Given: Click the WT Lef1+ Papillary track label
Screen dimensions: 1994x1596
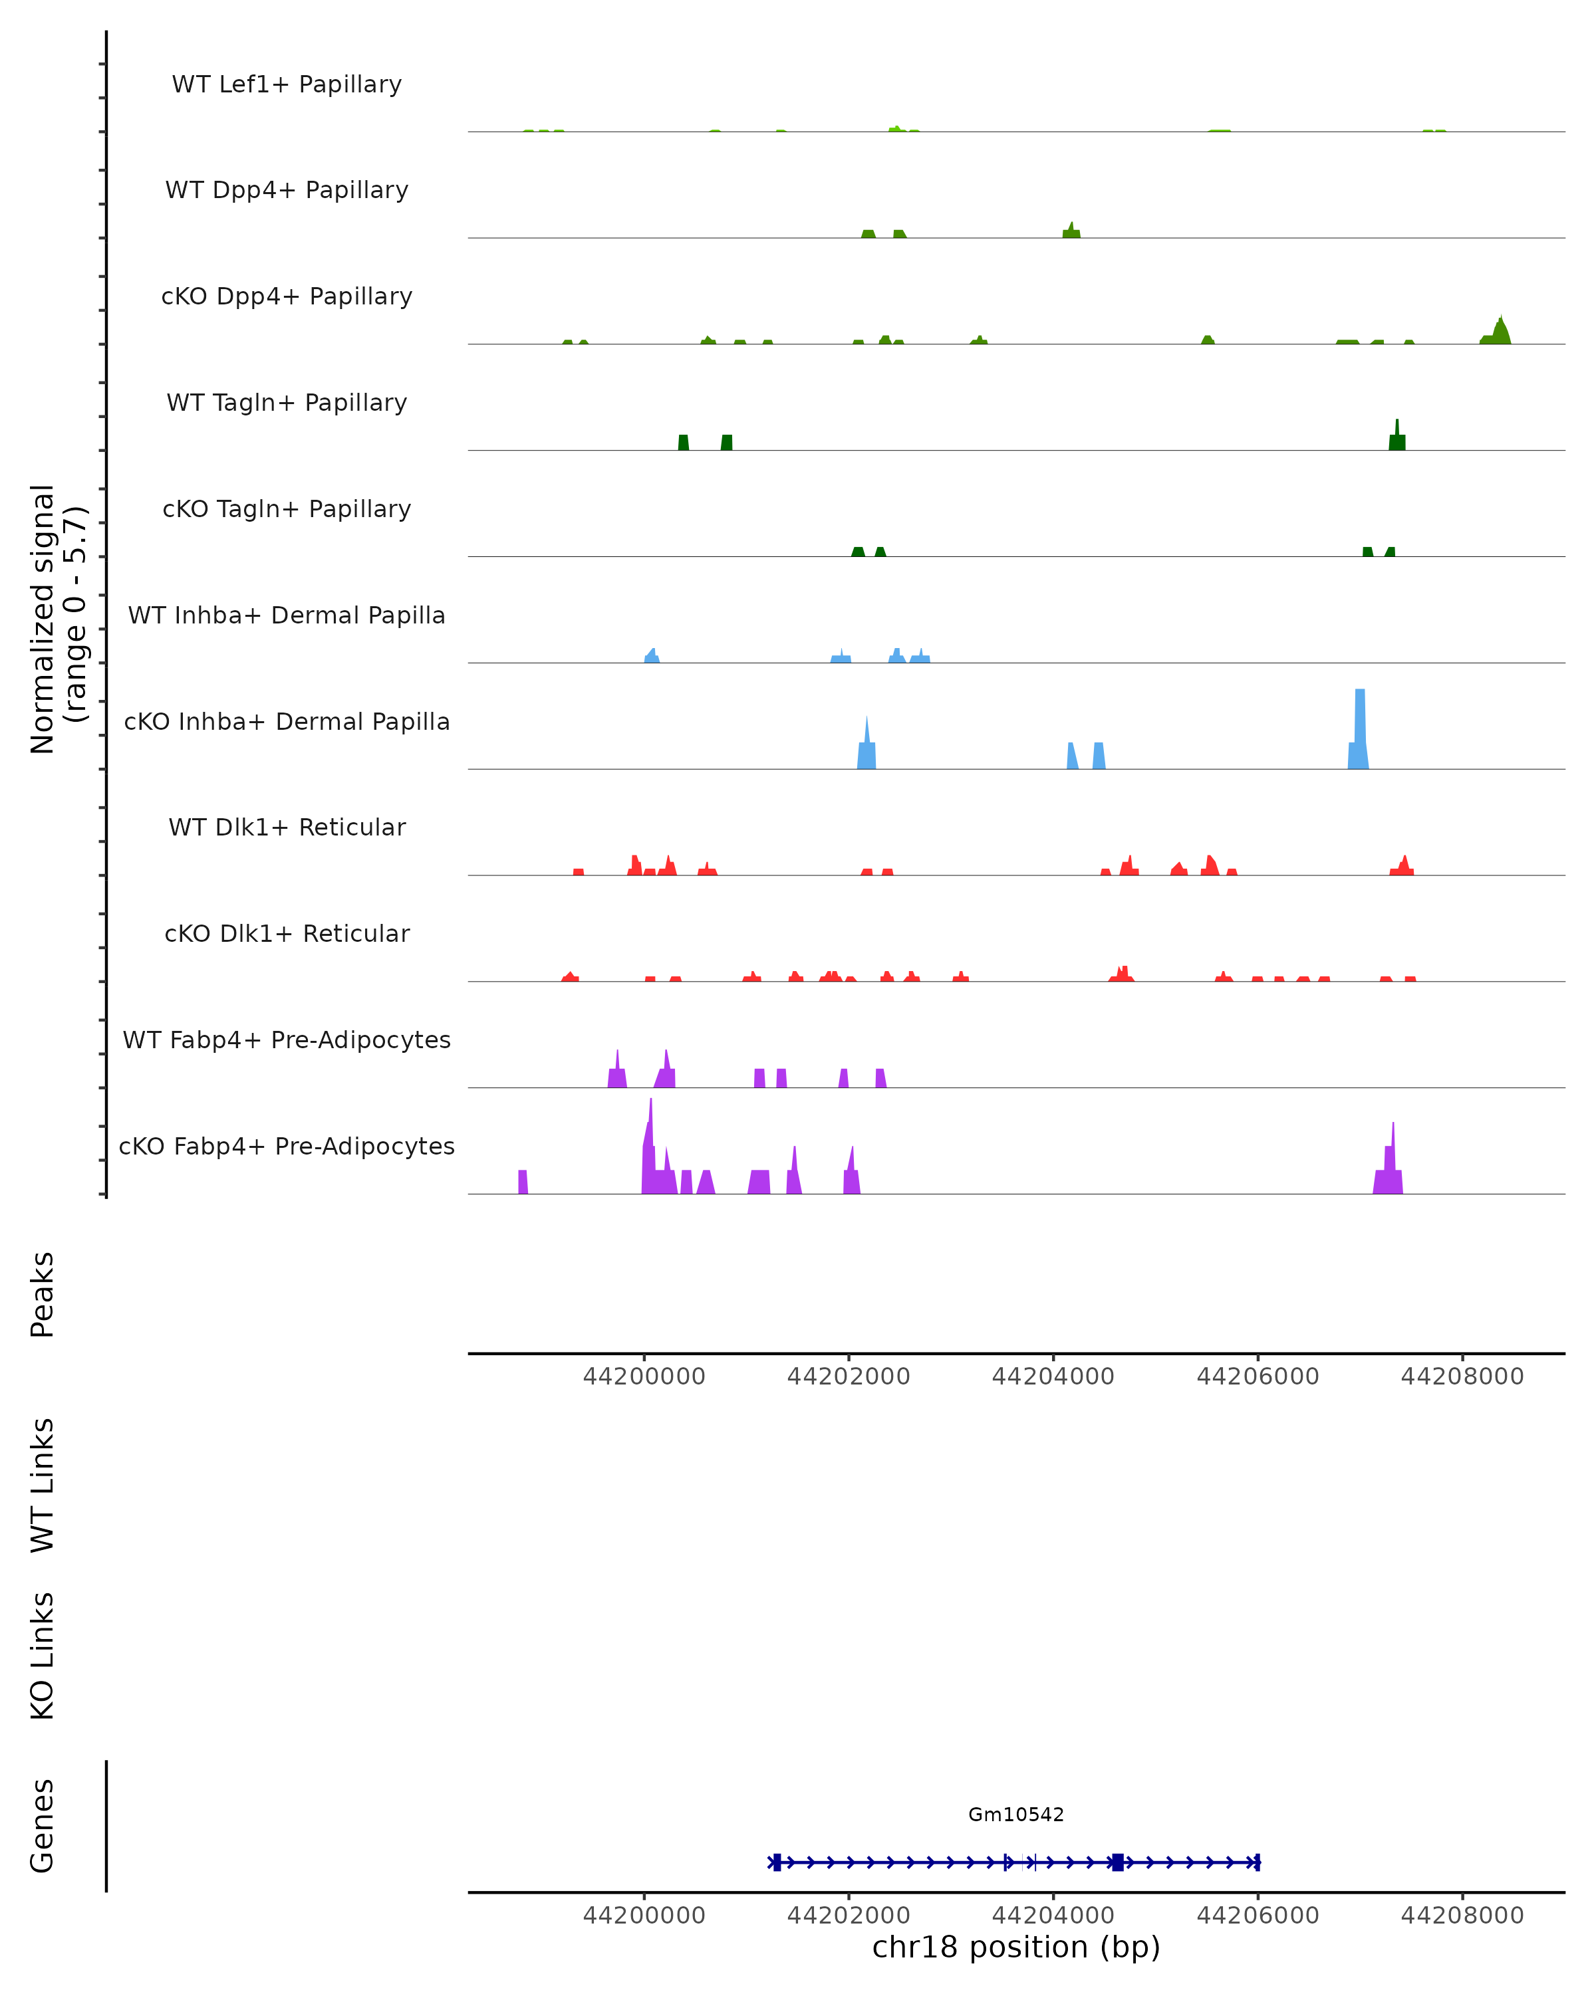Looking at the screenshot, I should click(287, 84).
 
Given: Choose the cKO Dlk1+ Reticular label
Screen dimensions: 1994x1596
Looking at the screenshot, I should click(287, 933).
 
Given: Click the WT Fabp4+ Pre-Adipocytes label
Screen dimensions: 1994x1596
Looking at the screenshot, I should click(287, 1040).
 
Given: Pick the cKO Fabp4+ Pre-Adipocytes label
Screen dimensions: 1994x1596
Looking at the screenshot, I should click(287, 1146).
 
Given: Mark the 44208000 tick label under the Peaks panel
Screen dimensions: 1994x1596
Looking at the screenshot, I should click(1462, 1377).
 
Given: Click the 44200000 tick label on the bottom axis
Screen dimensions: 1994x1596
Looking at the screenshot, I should click(644, 1916).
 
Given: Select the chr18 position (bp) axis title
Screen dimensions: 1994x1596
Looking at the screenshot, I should click(1016, 1947).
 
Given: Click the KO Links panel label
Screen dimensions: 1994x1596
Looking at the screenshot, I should click(43, 1656).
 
